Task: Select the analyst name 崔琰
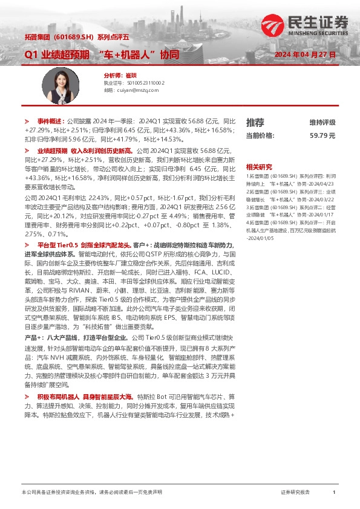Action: tap(129, 75)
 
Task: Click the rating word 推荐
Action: tap(255, 122)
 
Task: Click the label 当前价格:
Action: tap(260, 135)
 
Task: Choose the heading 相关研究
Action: tap(259, 166)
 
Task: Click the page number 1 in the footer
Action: tap(334, 493)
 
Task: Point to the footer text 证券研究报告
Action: tap(295, 493)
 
